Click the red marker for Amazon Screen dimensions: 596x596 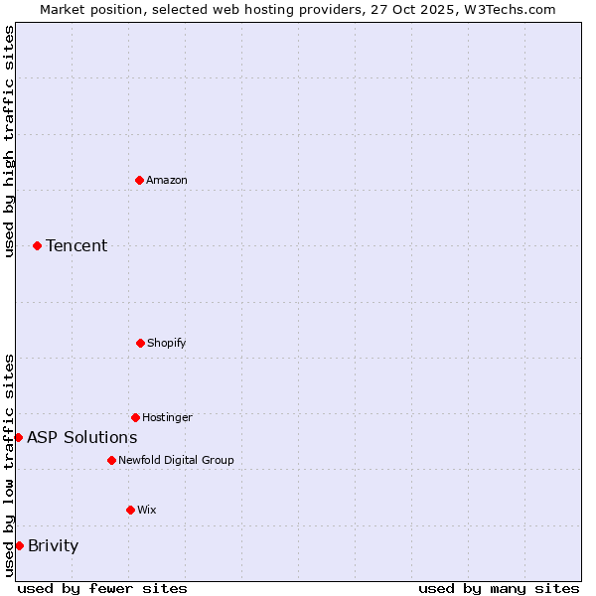139,180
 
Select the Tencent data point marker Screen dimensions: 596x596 37,245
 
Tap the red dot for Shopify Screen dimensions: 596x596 140,343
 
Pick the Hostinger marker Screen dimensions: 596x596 135,417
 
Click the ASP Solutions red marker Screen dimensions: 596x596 18,437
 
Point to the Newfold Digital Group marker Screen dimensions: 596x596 111,460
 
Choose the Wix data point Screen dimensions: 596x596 130,510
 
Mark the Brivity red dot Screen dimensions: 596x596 19,545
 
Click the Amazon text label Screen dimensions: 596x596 167,180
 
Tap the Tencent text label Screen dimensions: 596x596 76,245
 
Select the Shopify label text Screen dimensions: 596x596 167,343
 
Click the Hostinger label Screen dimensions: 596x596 167,417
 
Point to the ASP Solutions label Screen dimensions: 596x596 82,437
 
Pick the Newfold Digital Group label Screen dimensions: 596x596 176,460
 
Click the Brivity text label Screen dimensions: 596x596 53,545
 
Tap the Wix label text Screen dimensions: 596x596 147,510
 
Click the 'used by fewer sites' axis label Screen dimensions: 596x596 102,588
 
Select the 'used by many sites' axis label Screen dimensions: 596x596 499,588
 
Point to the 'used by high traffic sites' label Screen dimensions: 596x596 9,141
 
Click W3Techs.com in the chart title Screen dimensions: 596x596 508,9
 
